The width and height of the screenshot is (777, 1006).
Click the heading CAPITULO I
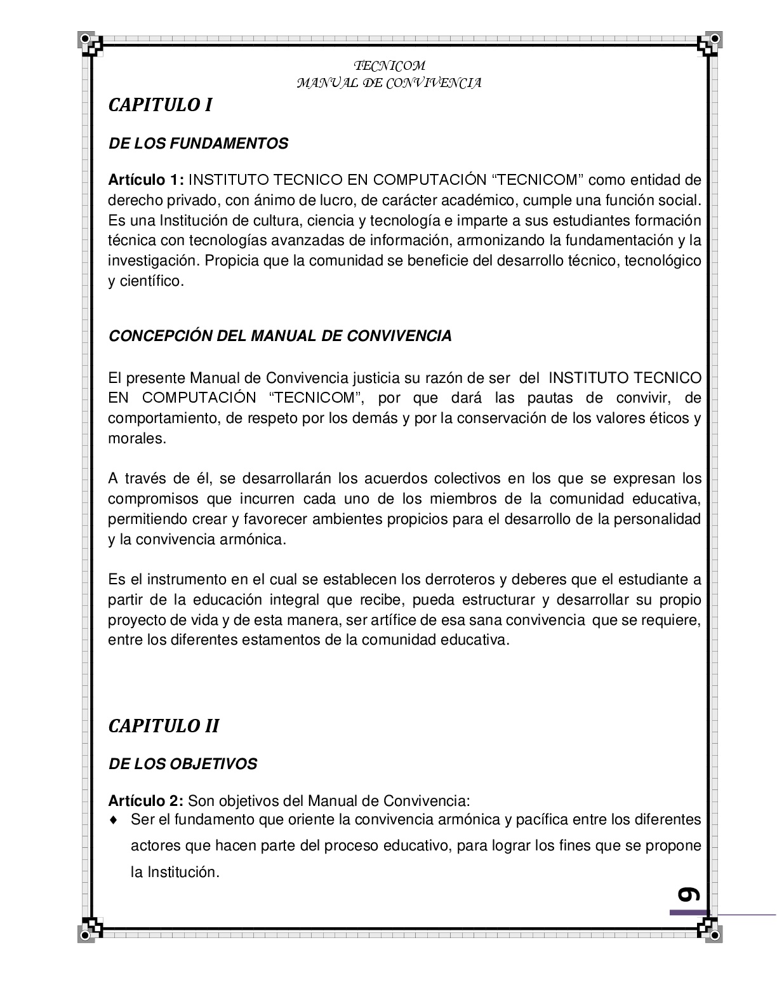coord(160,105)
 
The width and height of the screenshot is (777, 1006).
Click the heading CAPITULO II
coord(164,726)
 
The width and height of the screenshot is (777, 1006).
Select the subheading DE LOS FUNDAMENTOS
coord(198,144)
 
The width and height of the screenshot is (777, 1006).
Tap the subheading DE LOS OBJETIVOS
coord(183,764)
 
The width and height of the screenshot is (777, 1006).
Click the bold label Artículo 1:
coord(146,180)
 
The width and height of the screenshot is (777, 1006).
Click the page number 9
coord(688,894)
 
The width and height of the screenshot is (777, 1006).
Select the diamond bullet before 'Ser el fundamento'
coord(114,820)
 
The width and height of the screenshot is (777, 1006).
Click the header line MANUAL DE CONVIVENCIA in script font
coord(389,83)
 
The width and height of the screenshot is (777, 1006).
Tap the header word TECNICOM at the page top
coord(389,66)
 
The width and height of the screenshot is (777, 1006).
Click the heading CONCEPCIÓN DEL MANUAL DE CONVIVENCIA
coord(280,336)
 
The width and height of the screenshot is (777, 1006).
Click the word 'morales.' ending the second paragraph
coord(136,439)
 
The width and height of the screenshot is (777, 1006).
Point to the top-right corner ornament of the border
coord(707,43)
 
